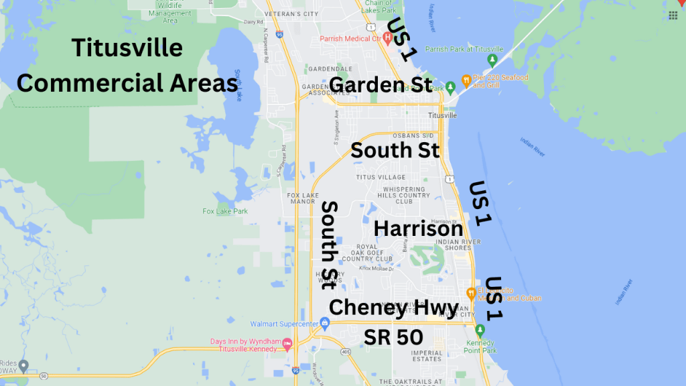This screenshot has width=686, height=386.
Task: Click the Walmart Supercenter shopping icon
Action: point(325,324)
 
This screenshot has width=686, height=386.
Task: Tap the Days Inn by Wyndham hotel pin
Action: point(287,344)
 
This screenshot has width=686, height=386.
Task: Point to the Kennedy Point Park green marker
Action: point(480,330)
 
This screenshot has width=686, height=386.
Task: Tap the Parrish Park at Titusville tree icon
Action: point(492,62)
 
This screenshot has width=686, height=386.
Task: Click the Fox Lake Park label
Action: point(225,211)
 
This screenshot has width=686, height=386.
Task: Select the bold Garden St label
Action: point(381,86)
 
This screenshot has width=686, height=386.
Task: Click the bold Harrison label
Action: point(418,229)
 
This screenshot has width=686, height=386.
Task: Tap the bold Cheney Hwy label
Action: point(394,308)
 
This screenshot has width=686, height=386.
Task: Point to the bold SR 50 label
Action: point(393,337)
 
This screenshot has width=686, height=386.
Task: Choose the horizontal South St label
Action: point(395,149)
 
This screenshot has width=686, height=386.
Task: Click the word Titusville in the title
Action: point(127,48)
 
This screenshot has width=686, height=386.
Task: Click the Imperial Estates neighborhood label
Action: point(427,356)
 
